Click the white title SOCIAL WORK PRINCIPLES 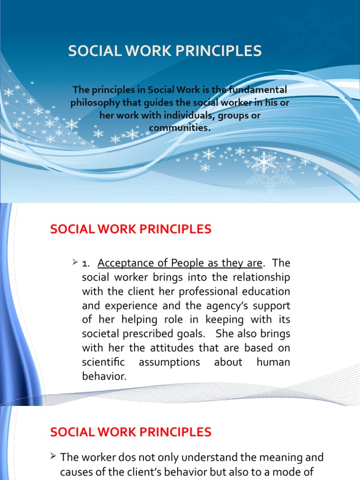[x=165, y=51]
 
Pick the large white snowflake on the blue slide [x=264, y=162]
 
